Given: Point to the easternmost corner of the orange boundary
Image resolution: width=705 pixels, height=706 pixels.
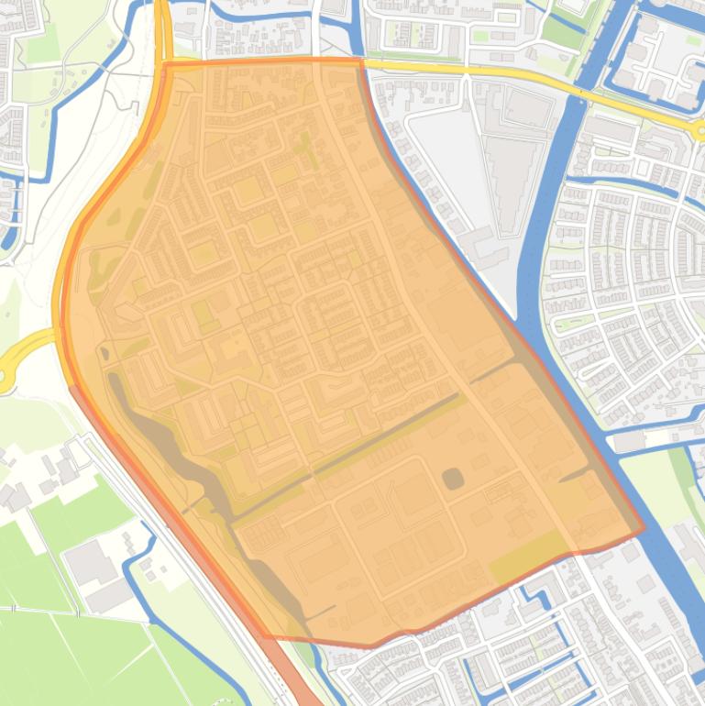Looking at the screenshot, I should click(644, 529).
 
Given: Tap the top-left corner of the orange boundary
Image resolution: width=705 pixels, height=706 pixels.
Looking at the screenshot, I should click(164, 63).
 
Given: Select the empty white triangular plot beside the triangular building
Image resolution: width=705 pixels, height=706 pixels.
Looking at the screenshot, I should click(440, 165).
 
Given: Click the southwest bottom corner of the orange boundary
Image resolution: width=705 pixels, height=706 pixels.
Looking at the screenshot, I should click(266, 636).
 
